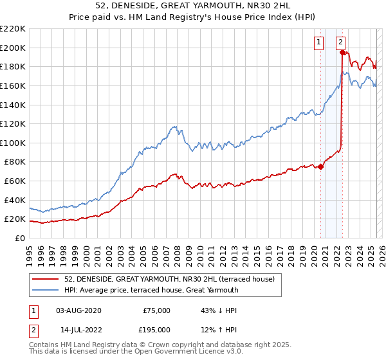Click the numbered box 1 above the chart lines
click(318, 42)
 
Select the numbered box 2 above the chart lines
click(340, 42)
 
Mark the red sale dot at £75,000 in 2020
click(320, 166)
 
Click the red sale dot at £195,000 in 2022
click(342, 53)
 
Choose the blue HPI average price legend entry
click(151, 290)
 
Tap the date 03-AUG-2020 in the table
click(78, 310)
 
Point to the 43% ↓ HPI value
click(219, 310)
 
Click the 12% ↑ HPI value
click(219, 329)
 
